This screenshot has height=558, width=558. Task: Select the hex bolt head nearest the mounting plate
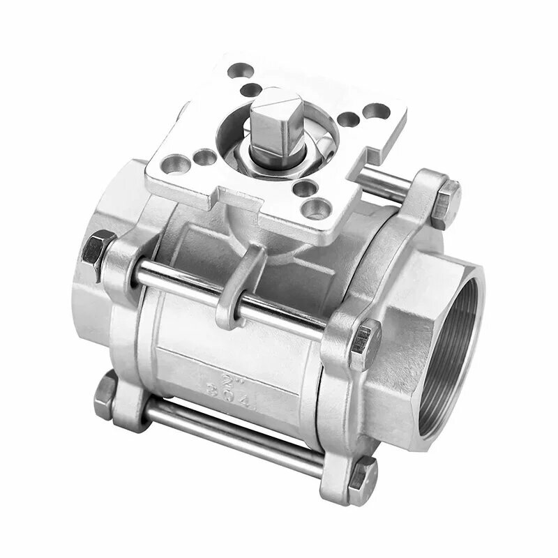click(445, 202)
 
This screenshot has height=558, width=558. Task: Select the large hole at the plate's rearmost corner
click(241, 70)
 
